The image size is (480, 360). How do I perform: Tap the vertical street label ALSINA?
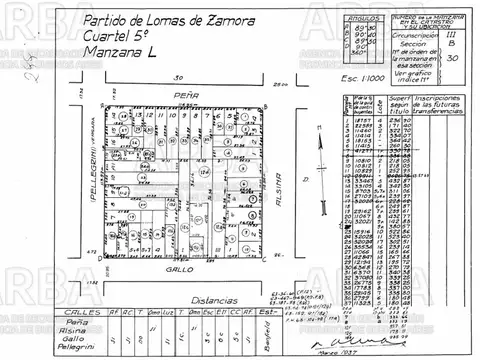coord(283,180)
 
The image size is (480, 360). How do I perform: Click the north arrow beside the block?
coord(320,170)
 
